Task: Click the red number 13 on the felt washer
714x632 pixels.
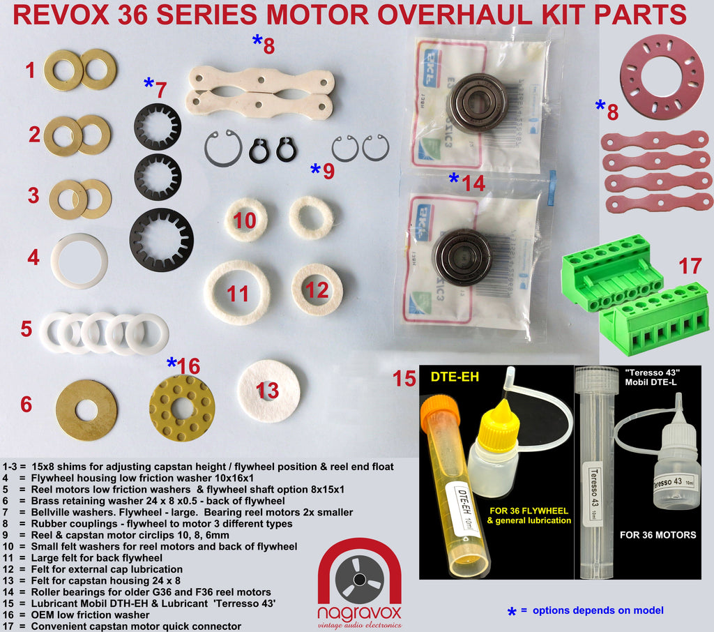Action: (268, 391)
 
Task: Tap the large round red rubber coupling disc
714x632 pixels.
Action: (662, 77)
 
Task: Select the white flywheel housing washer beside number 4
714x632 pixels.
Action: (79, 261)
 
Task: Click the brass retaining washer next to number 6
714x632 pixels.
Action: (86, 409)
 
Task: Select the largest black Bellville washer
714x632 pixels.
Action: (162, 240)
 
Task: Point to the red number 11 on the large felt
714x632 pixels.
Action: (238, 293)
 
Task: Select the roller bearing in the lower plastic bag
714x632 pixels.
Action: (462, 256)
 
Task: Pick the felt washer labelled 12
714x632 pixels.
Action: (317, 289)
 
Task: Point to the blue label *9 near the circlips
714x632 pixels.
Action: (323, 170)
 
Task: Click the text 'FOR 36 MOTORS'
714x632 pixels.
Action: (658, 535)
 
